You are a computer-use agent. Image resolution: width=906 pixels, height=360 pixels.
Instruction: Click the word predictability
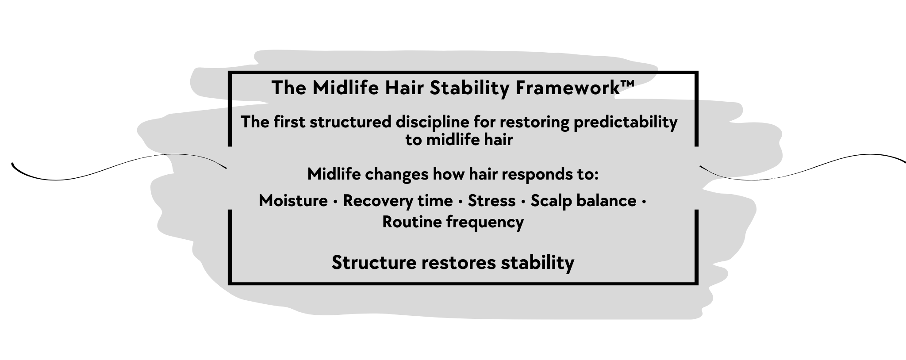click(x=625, y=122)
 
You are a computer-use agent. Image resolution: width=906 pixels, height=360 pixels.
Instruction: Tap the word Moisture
click(x=293, y=201)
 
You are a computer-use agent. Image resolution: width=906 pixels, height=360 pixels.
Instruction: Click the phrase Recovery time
click(x=398, y=201)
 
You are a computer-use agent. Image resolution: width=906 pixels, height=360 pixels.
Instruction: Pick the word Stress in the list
click(x=491, y=201)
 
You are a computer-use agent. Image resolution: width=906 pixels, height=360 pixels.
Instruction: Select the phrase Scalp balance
click(x=583, y=201)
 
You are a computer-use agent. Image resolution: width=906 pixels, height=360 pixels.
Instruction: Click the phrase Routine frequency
click(x=453, y=222)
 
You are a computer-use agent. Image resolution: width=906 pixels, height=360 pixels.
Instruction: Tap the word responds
click(x=537, y=174)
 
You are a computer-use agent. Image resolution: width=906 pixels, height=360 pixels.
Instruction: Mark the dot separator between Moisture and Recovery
click(x=335, y=202)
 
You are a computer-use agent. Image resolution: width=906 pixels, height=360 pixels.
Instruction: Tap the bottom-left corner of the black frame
click(x=230, y=283)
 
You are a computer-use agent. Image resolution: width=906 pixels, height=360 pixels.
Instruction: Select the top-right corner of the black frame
click(x=696, y=73)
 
